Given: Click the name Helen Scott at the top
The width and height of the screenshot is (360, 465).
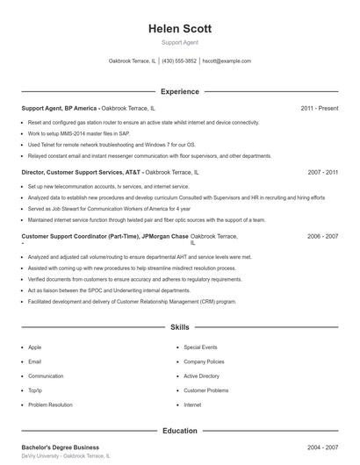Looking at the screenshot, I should click(180, 29).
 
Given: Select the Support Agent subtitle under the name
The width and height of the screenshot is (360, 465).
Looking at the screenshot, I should click(180, 42).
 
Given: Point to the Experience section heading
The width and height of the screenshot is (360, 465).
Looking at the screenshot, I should click(180, 91).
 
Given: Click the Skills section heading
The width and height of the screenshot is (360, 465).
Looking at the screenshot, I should click(180, 327).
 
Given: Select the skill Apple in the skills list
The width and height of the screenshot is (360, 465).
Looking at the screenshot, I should click(35, 347).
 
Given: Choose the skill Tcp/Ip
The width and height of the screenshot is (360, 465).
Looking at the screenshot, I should click(36, 390).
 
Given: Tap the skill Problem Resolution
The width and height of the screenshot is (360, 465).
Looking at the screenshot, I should click(50, 405).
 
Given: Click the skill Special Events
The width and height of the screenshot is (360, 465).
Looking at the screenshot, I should click(200, 347).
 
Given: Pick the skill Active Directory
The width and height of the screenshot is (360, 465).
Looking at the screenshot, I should click(202, 376).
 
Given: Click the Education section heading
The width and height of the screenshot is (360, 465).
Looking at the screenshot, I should click(180, 431).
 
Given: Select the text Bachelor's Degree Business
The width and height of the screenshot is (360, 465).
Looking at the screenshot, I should click(60, 447).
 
